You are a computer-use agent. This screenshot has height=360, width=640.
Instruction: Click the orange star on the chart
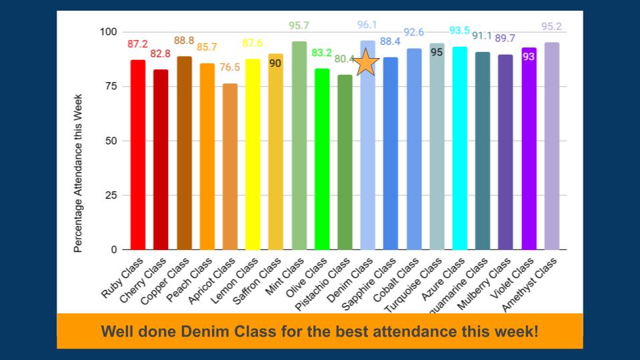click(366, 63)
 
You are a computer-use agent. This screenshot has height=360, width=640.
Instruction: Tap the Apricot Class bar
click(229, 167)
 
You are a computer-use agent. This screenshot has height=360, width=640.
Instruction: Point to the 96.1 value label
click(367, 25)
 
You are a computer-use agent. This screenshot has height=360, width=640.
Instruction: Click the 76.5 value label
click(229, 67)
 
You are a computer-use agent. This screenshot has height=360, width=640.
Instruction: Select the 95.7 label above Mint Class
click(299, 26)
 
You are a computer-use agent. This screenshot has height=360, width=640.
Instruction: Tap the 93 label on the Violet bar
click(529, 57)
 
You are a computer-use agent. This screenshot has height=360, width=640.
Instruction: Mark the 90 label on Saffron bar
click(275, 63)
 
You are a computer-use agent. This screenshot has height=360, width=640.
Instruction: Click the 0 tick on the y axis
click(113, 250)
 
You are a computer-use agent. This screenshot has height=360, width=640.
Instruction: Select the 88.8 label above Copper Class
click(184, 41)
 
